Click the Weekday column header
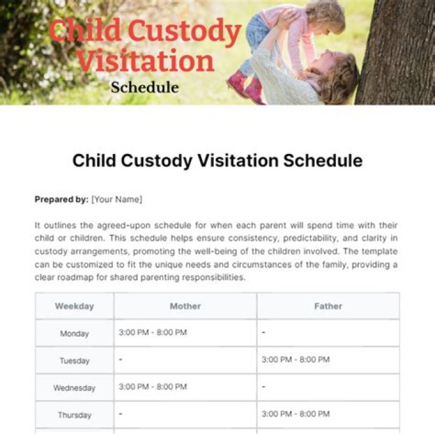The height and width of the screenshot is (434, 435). [x=74, y=306]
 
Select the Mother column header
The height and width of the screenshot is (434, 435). [x=185, y=306]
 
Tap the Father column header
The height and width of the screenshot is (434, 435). [x=328, y=306]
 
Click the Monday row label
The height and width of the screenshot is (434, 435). [x=74, y=333]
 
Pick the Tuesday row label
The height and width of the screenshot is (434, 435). [x=74, y=360]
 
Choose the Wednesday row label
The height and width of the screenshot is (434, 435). [x=74, y=387]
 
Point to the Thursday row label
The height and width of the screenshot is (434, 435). [x=74, y=415]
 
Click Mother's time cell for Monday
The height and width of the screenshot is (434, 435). [x=153, y=332]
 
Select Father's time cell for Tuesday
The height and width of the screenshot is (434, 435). [x=295, y=360]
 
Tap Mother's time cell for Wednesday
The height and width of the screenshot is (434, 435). [x=153, y=387]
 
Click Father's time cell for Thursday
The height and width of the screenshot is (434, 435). [x=295, y=414]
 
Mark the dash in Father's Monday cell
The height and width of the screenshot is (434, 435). [x=263, y=333]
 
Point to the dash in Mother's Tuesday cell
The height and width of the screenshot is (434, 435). [x=121, y=360]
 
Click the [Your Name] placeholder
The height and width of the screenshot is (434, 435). [x=117, y=199]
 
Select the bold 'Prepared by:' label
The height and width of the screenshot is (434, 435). [x=62, y=199]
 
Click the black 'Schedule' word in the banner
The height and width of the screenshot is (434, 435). [x=144, y=87]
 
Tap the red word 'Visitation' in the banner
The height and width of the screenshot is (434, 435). [x=146, y=60]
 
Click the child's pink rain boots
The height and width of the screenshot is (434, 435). [x=246, y=86]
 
